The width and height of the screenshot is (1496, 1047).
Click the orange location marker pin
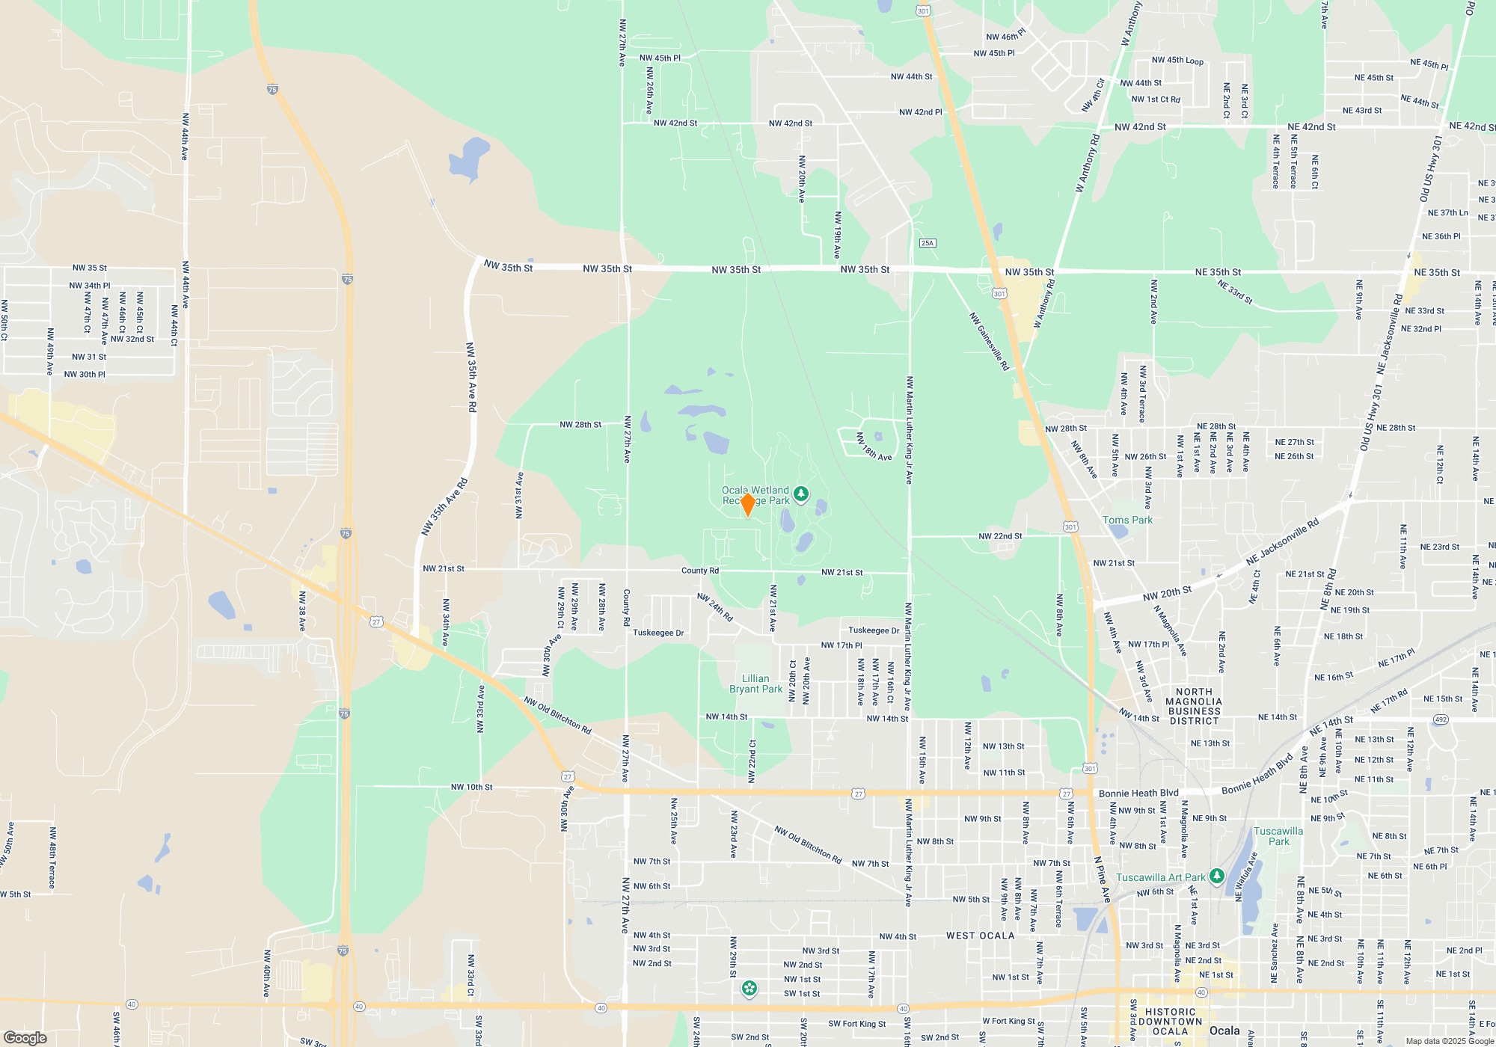point(747,504)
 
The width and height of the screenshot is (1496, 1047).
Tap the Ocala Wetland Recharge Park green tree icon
point(801,494)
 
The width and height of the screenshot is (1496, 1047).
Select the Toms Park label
point(1127,520)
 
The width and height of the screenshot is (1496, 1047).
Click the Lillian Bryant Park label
point(755,684)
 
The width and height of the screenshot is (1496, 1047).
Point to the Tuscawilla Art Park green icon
point(1216,876)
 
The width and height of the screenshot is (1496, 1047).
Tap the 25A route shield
point(928,243)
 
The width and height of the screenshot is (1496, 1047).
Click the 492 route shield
point(1441,719)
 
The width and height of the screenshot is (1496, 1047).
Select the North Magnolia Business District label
point(1194,706)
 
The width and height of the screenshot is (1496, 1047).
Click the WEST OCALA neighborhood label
point(980,936)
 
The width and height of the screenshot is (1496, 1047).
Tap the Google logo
point(25,1037)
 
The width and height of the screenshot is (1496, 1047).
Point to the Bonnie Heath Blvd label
point(1138,793)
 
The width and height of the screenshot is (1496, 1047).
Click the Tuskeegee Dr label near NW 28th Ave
point(658,633)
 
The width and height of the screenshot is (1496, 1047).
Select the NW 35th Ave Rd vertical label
point(471,377)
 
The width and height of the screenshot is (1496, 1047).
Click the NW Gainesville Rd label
point(989,341)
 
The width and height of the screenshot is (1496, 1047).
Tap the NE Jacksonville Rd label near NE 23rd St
point(1282,542)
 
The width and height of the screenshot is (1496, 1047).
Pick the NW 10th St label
point(471,787)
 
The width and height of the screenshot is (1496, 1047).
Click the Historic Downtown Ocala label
point(1171,1022)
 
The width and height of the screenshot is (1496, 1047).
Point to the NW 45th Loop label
point(1177,61)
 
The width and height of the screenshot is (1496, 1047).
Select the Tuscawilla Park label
point(1278,836)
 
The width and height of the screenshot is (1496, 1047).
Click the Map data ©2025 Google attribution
point(1450,1041)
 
